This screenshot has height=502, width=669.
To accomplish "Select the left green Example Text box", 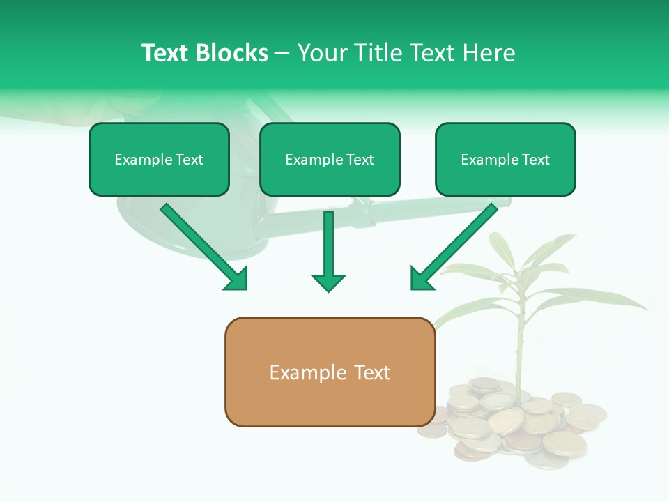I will [159, 159].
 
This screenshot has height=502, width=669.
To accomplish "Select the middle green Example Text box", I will [330, 159].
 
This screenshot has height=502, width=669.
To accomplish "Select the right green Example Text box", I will [505, 159].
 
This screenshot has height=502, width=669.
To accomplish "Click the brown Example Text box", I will [330, 372].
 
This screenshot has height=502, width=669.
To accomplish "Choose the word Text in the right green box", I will [535, 160].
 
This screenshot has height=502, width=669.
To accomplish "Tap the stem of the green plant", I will [519, 349].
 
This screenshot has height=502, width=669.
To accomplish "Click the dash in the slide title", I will [282, 54].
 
